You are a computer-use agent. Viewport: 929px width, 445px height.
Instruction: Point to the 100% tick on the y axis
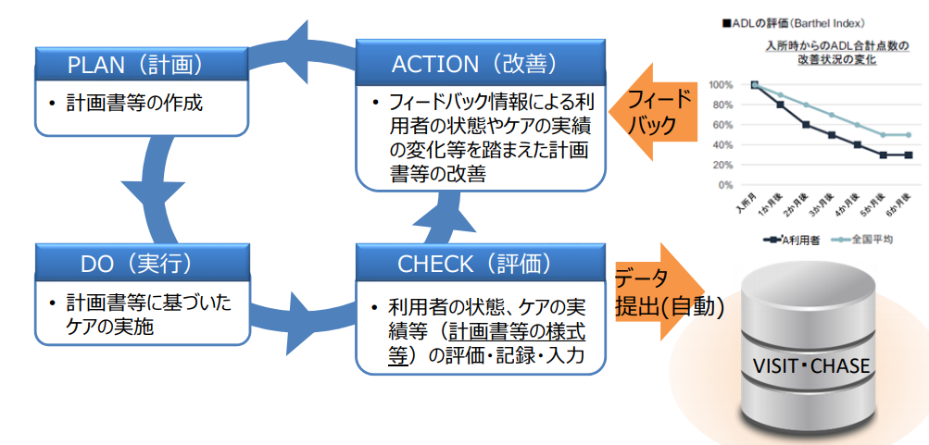tap(721, 84)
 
